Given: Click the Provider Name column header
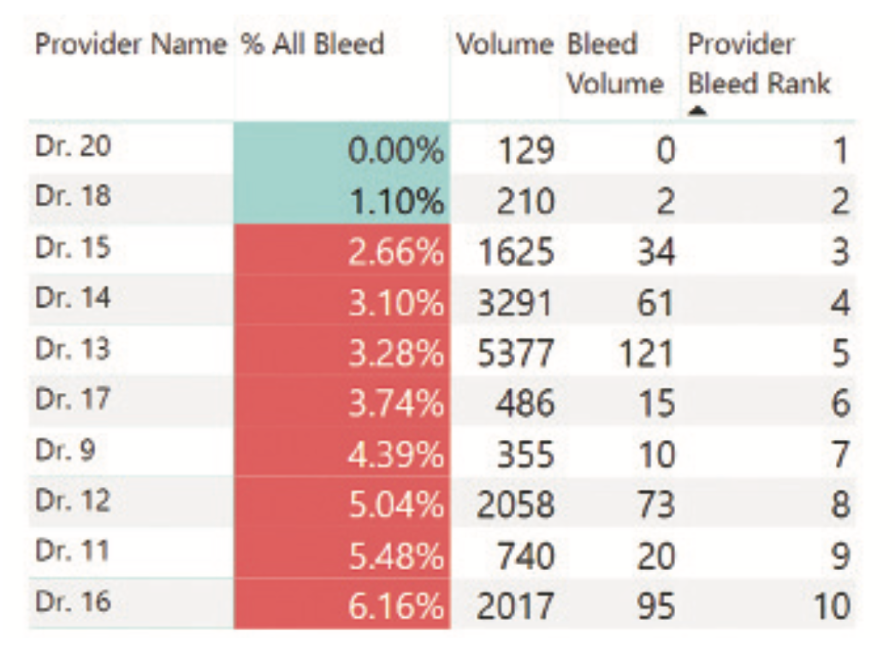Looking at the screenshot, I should pos(131,45).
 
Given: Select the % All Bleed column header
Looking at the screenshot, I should pos(312,45).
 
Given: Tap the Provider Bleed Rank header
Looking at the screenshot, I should pos(759,64).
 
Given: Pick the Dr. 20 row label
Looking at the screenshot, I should pos(73,147).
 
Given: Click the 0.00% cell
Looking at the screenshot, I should pos(396,152).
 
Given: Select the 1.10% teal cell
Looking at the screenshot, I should pos(396,202).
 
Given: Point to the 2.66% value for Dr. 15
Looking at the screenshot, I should pos(396,253).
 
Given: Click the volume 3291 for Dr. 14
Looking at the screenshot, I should pos(515,303).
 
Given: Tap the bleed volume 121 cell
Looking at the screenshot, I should pos(642,353).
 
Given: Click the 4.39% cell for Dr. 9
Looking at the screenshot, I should pos(396,454).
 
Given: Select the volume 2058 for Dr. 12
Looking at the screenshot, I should pos(515,506).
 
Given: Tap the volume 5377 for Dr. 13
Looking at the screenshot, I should pos(515,353).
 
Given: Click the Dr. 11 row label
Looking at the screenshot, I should pos(73,550).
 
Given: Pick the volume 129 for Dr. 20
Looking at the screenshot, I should pos(525,152).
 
